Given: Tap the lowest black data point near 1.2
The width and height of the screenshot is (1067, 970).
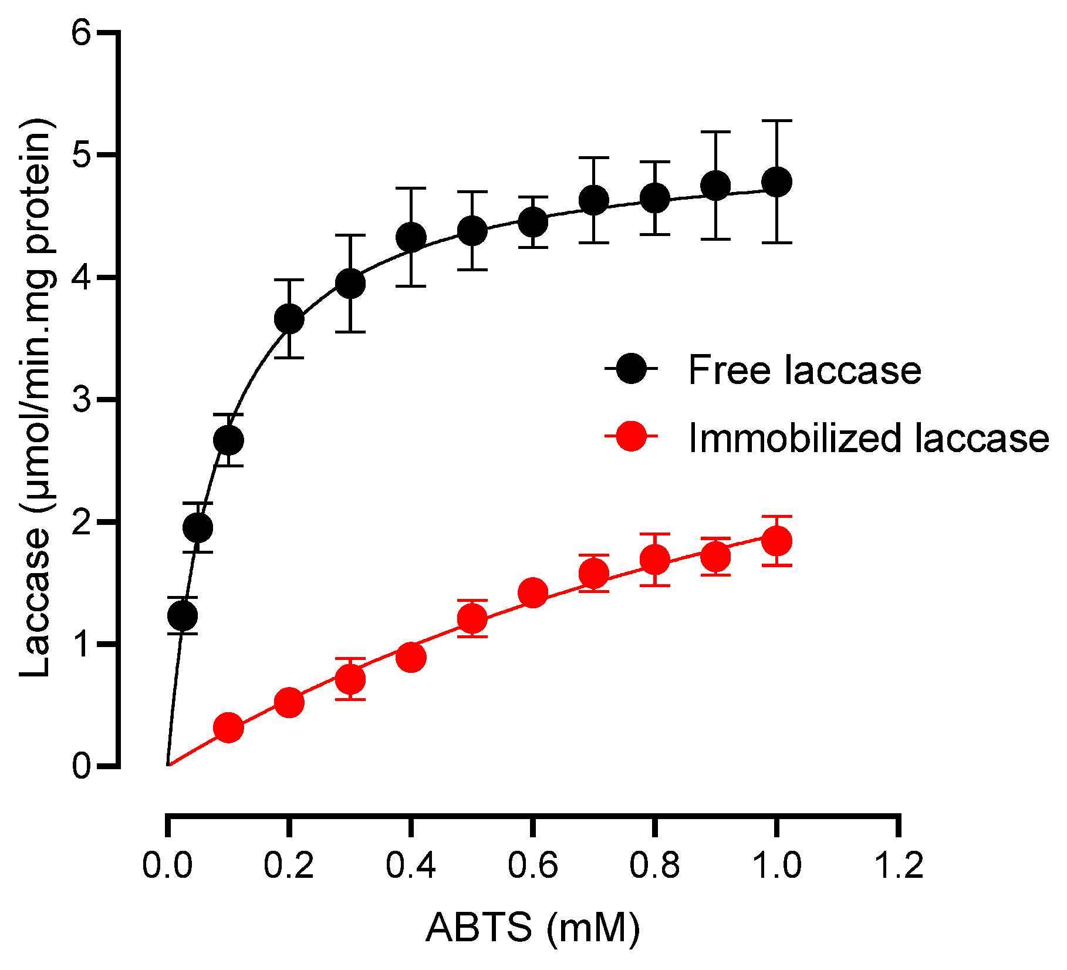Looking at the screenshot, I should [x=183, y=615].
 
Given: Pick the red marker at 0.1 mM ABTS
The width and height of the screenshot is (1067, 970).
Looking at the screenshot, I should [x=229, y=727].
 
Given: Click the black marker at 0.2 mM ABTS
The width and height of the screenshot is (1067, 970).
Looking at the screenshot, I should [x=289, y=319].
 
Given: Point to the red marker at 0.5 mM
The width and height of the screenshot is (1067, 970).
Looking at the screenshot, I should [x=472, y=618].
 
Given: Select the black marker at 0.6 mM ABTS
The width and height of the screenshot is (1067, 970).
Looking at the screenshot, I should [x=533, y=222].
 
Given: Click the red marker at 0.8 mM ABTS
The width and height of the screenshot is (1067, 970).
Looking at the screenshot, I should [x=655, y=560].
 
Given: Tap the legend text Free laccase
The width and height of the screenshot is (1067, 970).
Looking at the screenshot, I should [x=804, y=370].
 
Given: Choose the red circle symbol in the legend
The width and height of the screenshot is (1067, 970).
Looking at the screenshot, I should [x=632, y=436].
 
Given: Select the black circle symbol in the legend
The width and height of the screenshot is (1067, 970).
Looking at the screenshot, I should [x=632, y=369].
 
